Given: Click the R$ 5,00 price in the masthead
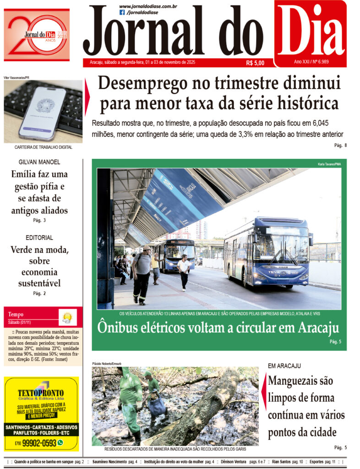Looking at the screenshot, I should coord(255,63).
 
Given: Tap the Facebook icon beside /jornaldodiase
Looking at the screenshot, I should coord(122,12).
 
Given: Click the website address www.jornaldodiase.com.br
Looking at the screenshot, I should coord(148,6).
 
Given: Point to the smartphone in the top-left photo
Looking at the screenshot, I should coord(42,112).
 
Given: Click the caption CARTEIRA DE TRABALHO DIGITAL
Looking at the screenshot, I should coord(43,147).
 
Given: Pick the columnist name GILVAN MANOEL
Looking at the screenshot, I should coord(39,162).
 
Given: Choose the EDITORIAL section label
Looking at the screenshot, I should coord(39,238).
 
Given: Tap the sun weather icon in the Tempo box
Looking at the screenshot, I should coord(67,316).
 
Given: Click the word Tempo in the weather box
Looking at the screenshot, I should coord(16,314).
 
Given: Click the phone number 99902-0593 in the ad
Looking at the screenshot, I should coord(39,443).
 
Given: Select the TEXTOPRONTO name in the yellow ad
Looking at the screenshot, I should coord(41,393).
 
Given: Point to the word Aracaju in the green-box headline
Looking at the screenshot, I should coord(318,328).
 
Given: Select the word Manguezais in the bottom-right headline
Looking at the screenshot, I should coord(300,381).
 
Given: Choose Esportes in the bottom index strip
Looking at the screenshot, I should coord(316,462).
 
